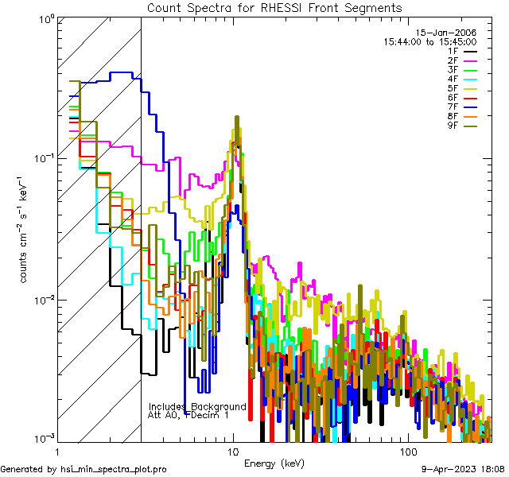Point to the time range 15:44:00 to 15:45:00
429,41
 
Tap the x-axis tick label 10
233,451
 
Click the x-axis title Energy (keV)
274,463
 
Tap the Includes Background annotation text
197,406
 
